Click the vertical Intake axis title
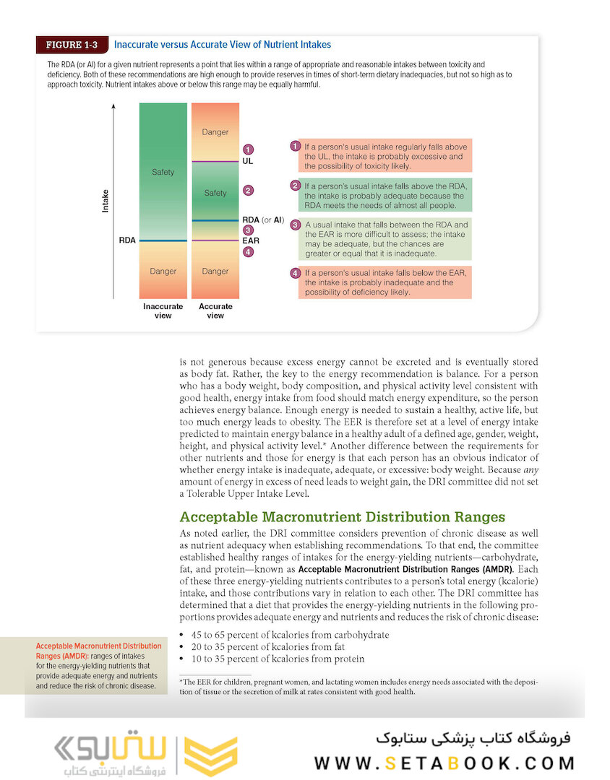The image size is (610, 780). tap(106, 200)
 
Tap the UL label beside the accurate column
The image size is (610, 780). tap(248, 161)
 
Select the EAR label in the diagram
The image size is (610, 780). tap(251, 240)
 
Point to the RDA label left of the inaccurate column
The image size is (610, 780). tap(127, 240)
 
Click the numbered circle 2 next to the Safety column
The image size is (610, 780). tap(248, 191)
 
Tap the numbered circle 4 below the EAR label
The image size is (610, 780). tap(248, 252)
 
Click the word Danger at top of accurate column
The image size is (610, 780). tap(215, 132)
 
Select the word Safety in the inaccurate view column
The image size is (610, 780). tap(163, 172)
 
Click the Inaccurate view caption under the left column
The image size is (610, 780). tap(163, 311)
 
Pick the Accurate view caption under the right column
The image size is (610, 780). tap(215, 311)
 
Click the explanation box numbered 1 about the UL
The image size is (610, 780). tap(381, 156)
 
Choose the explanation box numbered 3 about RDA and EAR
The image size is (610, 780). tap(381, 239)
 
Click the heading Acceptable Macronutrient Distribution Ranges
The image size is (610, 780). tap(342, 517)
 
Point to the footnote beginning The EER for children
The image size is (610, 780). tap(358, 686)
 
